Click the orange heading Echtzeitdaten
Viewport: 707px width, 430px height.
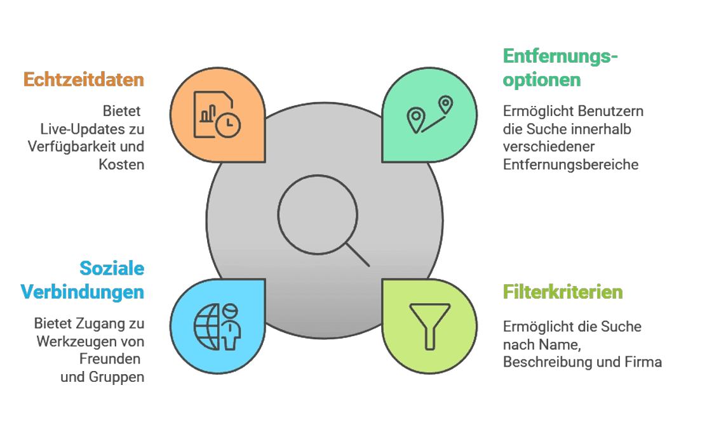pos(84,80)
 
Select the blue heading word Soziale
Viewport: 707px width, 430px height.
pos(112,268)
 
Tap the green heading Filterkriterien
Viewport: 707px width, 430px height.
pos(563,292)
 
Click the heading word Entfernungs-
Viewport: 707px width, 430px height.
pos(560,56)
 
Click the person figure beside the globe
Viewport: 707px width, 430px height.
pos(231,327)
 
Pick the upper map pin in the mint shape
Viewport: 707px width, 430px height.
pos(445,105)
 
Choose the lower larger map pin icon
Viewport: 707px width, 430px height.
pos(415,120)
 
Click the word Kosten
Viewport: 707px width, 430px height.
pos(121,164)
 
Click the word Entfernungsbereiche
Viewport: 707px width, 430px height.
pos(571,164)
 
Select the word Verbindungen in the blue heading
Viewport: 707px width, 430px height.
pos(83,292)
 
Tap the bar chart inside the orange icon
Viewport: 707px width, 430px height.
pos(208,114)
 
